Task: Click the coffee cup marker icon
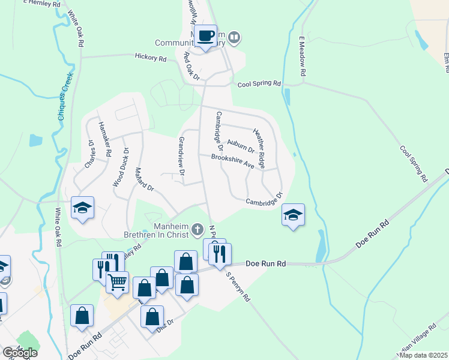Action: click(x=205, y=37)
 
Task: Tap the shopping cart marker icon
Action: click(x=117, y=281)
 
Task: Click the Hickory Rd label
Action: click(x=150, y=58)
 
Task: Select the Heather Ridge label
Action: click(x=259, y=148)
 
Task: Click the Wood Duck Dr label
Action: click(x=120, y=167)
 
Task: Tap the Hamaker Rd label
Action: click(x=104, y=139)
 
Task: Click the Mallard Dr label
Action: click(x=145, y=179)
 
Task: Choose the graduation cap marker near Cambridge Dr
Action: click(x=293, y=215)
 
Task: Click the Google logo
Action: click(x=20, y=353)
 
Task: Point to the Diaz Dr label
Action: click(x=166, y=322)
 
